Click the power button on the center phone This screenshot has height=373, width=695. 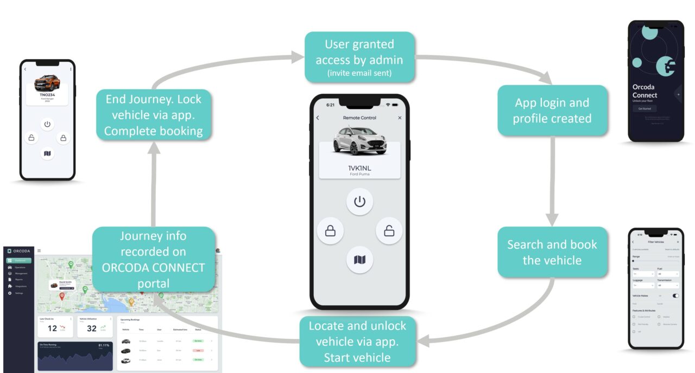359,202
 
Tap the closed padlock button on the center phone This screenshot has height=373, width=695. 330,231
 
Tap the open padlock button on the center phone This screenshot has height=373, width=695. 389,231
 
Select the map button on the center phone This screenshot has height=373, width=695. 359,260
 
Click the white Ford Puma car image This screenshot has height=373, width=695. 359,141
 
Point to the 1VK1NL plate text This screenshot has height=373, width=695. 359,168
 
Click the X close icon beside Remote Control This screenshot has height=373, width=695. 400,118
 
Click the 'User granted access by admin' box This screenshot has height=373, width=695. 359,57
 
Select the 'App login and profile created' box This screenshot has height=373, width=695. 552,110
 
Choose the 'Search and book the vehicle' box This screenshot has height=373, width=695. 552,252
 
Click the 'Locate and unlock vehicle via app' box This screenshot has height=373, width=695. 357,342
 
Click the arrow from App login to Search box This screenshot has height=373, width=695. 552,179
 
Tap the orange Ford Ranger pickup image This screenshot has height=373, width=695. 47,83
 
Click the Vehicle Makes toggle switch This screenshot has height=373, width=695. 675,295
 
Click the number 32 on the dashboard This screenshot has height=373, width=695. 92,328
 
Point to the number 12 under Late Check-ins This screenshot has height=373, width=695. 52,328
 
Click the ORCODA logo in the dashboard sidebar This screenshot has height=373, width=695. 19,251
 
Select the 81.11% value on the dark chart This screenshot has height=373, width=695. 104,345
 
